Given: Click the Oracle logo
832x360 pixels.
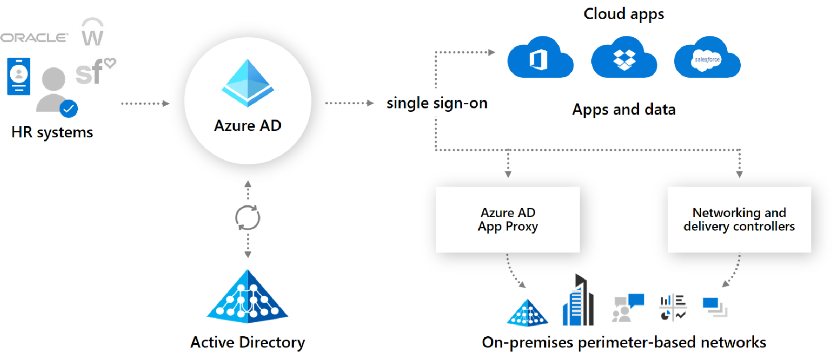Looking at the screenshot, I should (x=34, y=38).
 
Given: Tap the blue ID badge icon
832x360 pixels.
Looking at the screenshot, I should (x=19, y=76).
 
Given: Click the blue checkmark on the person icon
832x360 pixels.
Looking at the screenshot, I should (x=68, y=109).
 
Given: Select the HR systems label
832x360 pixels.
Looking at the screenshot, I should (x=52, y=132).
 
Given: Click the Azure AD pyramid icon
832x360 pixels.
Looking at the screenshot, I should (x=248, y=83).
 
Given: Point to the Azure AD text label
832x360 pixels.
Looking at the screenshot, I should (x=248, y=126).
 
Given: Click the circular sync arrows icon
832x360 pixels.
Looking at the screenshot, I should (x=248, y=217).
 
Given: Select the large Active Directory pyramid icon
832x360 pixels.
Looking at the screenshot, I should (x=248, y=298).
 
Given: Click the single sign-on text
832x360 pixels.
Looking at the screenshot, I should (x=437, y=103).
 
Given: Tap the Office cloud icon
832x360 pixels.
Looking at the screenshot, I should (x=540, y=58).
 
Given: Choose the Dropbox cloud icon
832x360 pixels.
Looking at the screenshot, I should (x=624, y=58).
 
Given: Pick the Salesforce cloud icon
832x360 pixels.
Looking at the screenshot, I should (x=707, y=58).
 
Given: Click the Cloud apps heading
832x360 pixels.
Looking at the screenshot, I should (x=623, y=14).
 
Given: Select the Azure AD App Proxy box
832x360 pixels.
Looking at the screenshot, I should (x=507, y=219).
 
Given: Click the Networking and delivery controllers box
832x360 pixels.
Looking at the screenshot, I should (x=739, y=219).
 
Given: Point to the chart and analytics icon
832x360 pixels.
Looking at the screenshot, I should (x=673, y=307).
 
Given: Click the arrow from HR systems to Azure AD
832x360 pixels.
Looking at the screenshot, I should (x=145, y=103).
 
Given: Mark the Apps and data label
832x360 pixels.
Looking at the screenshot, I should (x=623, y=110).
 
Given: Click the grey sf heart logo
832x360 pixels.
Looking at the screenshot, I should (x=95, y=72).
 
